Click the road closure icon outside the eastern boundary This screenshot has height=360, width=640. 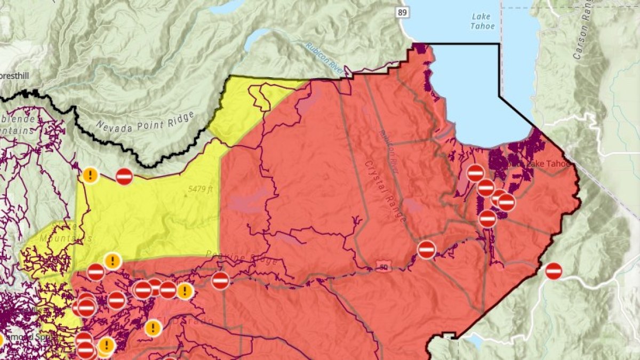(x=554, y=271)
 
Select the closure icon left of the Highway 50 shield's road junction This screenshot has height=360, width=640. (x=426, y=249)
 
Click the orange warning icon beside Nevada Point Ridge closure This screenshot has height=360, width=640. (x=90, y=174)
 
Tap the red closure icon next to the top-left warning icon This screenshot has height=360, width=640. (x=124, y=176)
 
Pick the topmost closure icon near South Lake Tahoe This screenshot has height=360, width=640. (x=475, y=173)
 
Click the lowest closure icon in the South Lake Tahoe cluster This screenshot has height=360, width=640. (x=487, y=219)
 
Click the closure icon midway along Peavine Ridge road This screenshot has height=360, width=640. (x=220, y=280)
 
